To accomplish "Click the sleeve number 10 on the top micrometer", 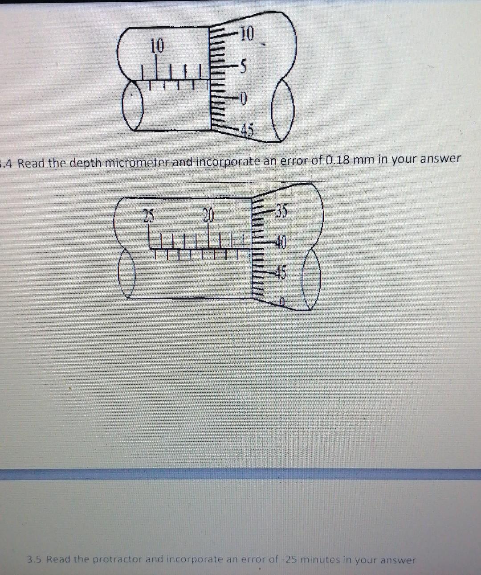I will point(157,45).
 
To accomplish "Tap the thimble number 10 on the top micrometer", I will point(247,33).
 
